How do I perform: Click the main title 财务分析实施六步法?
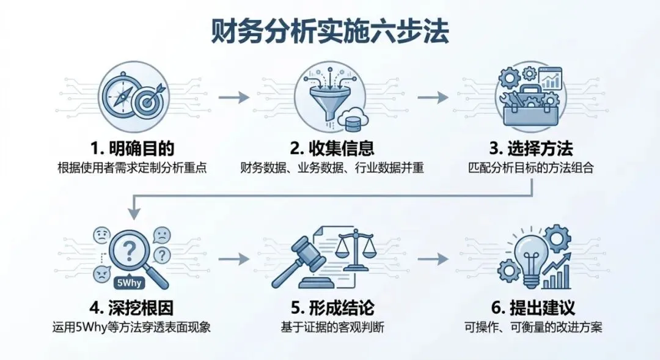coord(330,31)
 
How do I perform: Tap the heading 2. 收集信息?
coord(331,149)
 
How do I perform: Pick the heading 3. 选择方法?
coord(532,149)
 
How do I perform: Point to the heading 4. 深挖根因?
coord(131,307)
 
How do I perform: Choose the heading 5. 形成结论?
coord(331,307)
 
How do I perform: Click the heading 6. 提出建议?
coord(532,307)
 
